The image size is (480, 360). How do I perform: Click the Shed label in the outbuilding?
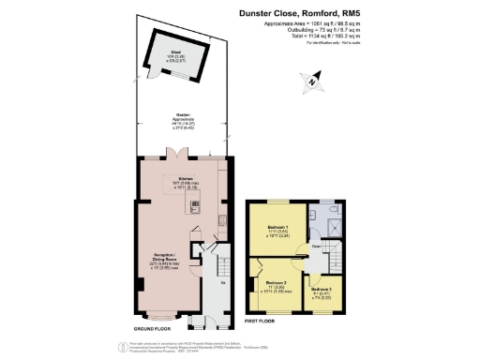(175, 54)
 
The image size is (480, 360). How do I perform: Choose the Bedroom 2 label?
(275, 282)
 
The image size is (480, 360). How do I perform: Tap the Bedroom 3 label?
(322, 289)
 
